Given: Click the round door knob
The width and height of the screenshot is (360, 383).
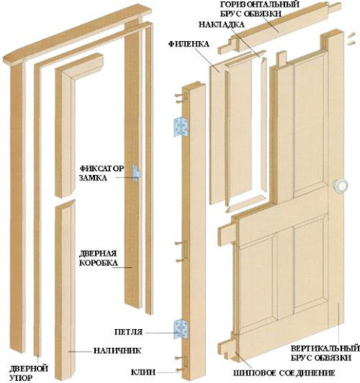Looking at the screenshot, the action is pyautogui.click(x=341, y=185).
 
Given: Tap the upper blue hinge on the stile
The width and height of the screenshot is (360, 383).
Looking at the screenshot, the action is pyautogui.click(x=181, y=127).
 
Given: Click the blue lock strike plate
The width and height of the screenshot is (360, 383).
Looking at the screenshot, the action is pyautogui.click(x=136, y=173).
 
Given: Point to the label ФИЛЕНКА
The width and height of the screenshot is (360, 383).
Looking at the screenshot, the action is pyautogui.click(x=189, y=44).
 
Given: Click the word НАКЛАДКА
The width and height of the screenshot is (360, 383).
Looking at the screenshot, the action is pyautogui.click(x=222, y=25).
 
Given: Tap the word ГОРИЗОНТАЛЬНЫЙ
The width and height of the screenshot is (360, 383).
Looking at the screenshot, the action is pyautogui.click(x=260, y=4).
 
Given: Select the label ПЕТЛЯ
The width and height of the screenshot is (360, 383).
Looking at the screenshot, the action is pyautogui.click(x=128, y=332).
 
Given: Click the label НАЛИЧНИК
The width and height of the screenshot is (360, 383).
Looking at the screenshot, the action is pyautogui.click(x=117, y=351).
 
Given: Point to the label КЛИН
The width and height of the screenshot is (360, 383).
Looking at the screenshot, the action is pyautogui.click(x=143, y=373).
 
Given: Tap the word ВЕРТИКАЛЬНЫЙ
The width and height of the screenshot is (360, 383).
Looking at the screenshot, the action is pyautogui.click(x=325, y=348).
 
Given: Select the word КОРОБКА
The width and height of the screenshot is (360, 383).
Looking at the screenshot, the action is pyautogui.click(x=98, y=263).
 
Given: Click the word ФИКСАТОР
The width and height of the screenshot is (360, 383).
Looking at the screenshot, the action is pyautogui.click(x=102, y=168).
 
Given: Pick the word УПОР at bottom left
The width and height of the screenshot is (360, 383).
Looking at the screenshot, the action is pyautogui.click(x=21, y=378).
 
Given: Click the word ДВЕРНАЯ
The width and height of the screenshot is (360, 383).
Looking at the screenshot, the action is pyautogui.click(x=98, y=254).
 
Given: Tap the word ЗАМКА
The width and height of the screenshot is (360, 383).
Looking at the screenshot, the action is pyautogui.click(x=93, y=178).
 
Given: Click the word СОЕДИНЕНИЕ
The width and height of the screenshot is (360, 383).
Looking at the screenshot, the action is pyautogui.click(x=307, y=373).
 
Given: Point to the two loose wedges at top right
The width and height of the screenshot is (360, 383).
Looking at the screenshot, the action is pyautogui.click(x=350, y=38).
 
